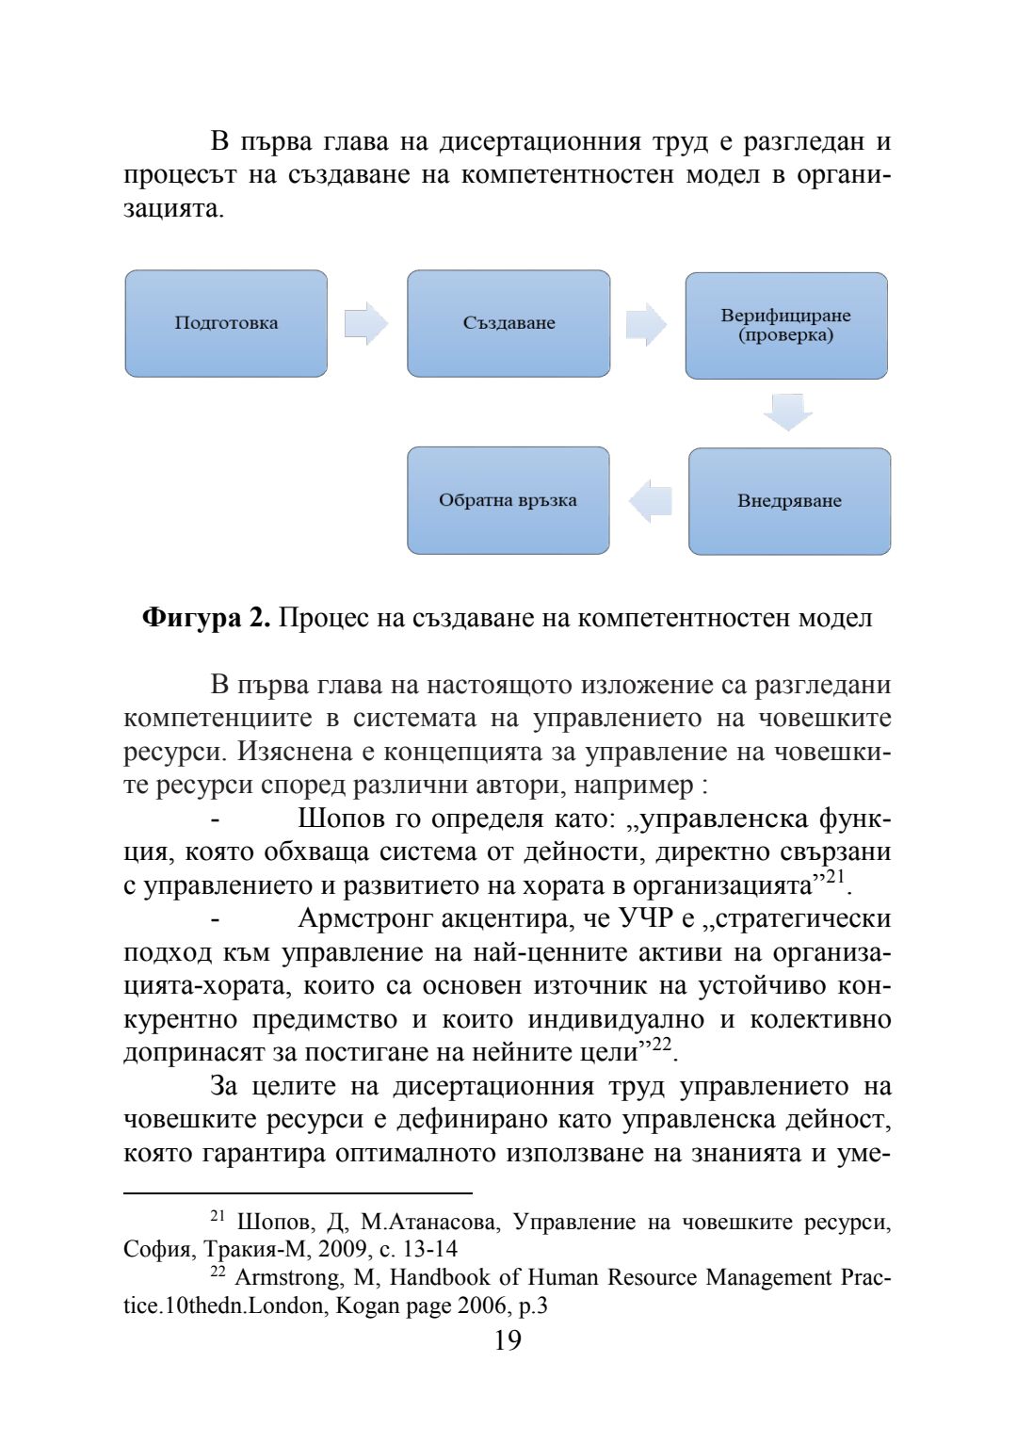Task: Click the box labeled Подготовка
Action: click(x=226, y=323)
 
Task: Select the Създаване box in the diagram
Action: click(x=508, y=323)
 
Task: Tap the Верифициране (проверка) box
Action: click(x=786, y=325)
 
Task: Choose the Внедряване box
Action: click(x=789, y=500)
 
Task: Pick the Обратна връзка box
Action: click(x=508, y=500)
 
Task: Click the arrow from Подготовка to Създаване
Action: click(x=366, y=323)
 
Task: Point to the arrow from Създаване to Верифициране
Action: click(x=646, y=324)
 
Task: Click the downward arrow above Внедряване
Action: click(x=787, y=413)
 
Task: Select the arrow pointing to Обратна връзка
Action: click(x=650, y=499)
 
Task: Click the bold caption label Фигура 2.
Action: click(x=206, y=618)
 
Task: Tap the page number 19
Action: click(x=508, y=1340)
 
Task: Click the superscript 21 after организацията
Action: click(x=835, y=879)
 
